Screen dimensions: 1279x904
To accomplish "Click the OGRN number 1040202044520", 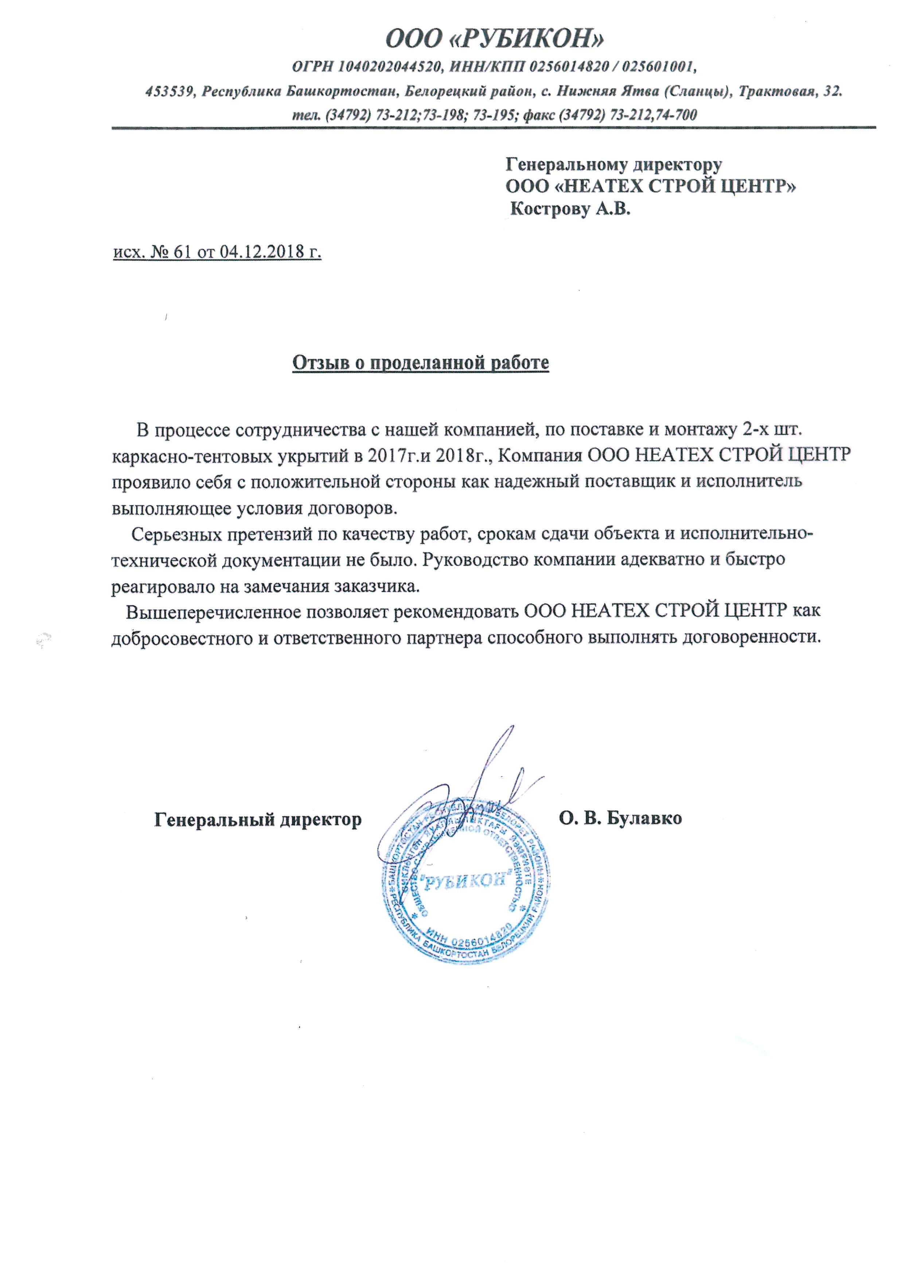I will point(390,67).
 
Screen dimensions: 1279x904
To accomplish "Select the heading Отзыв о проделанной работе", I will point(421,363).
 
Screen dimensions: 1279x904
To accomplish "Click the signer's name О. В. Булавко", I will point(621,818).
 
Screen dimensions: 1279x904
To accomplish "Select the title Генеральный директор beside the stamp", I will point(258,819).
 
